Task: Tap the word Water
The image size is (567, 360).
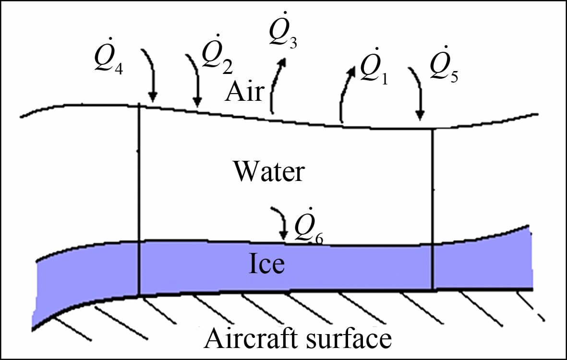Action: pyautogui.click(x=268, y=172)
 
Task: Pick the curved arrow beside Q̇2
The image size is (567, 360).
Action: pyautogui.click(x=193, y=79)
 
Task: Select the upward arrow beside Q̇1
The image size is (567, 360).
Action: pyautogui.click(x=346, y=94)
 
